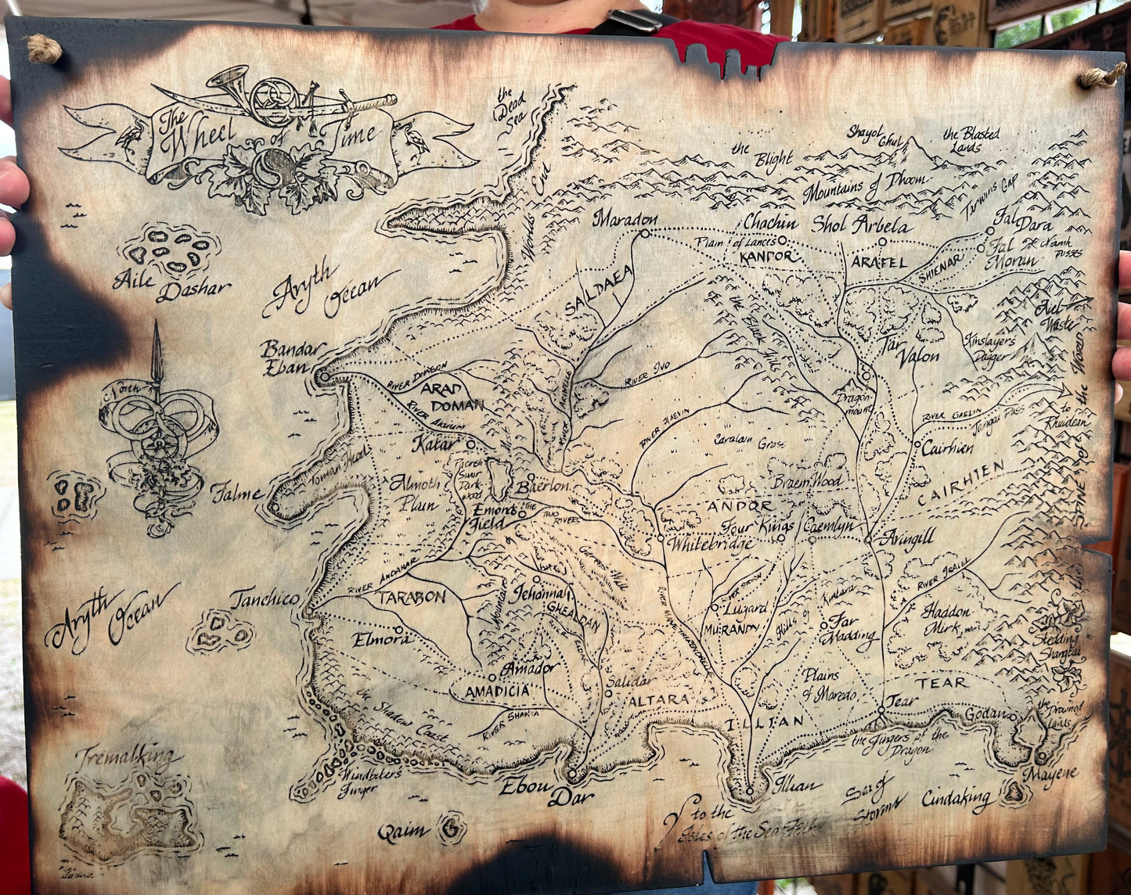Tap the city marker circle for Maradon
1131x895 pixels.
tap(646, 232)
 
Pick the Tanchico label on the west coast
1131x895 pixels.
tap(265, 599)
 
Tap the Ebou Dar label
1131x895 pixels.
tap(550, 791)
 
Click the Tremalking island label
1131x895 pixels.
tap(125, 757)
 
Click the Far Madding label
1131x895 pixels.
tap(849, 628)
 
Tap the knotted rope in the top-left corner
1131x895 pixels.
tap(44, 49)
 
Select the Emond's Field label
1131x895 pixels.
tap(495, 516)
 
